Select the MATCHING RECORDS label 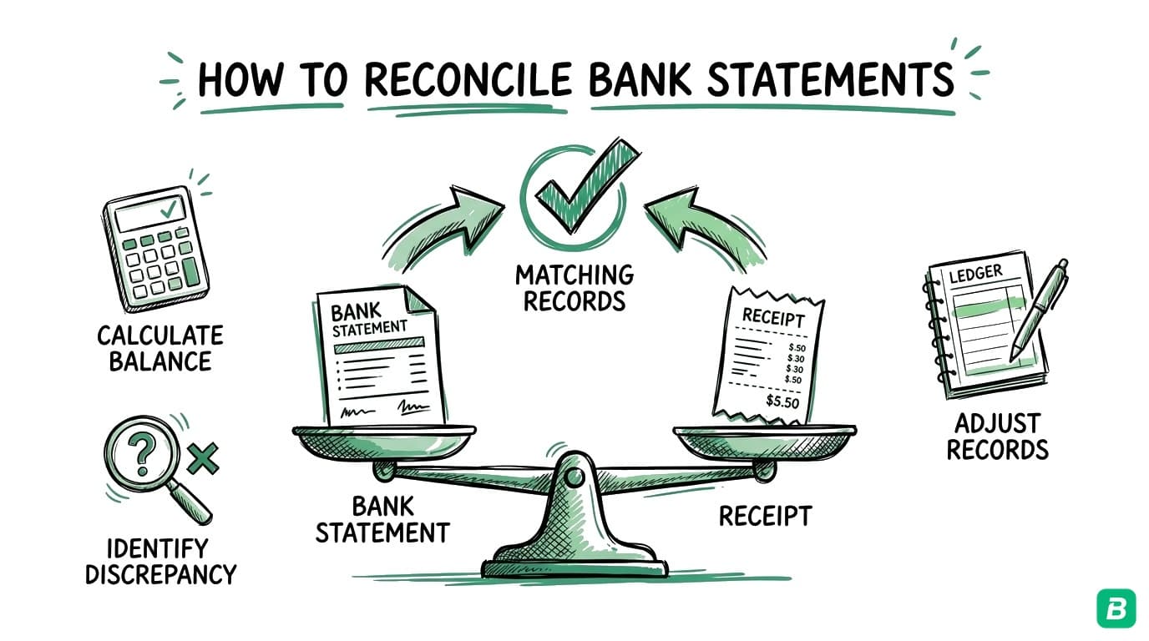coord(574,287)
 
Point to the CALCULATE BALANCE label coord(159,348)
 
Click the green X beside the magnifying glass coord(202,457)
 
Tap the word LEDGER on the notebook coord(976,273)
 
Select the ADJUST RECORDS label coord(997,437)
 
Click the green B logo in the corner coord(1116,608)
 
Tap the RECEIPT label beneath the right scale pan coord(765,516)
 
